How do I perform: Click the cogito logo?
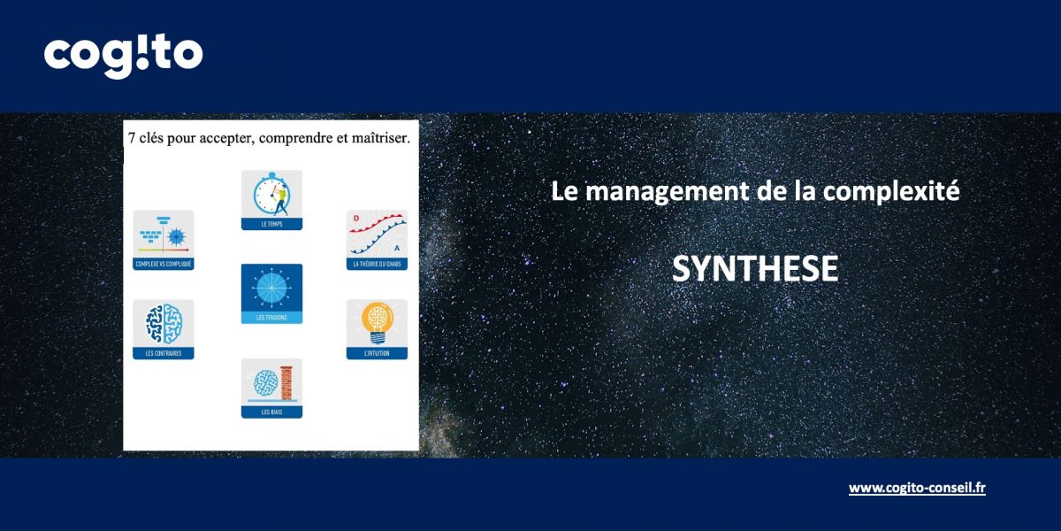click(123, 56)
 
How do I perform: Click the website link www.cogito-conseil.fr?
click(917, 488)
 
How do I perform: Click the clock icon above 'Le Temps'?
click(270, 194)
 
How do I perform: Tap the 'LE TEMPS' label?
click(272, 225)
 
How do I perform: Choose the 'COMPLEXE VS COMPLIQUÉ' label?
click(164, 264)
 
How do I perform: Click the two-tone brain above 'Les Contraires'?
click(164, 323)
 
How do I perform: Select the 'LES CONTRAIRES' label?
click(164, 354)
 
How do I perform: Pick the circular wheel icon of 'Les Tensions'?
click(271, 288)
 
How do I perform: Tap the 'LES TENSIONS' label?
click(271, 318)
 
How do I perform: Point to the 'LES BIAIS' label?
click(271, 412)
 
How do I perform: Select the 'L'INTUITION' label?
click(377, 354)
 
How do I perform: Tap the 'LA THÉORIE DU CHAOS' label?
click(377, 264)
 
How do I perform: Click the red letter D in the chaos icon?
click(355, 218)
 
